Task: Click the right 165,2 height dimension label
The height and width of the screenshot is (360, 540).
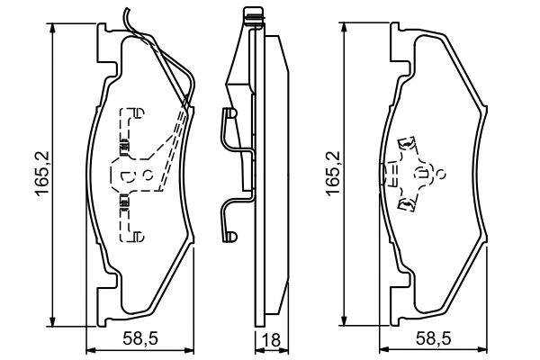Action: click(x=335, y=169)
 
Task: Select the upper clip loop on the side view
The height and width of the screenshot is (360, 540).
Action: click(x=229, y=115)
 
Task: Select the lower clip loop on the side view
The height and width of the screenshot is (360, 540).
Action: click(x=229, y=236)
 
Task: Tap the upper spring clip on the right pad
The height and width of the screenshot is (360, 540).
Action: click(x=407, y=144)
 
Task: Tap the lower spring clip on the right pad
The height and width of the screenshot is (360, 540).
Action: click(x=407, y=206)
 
